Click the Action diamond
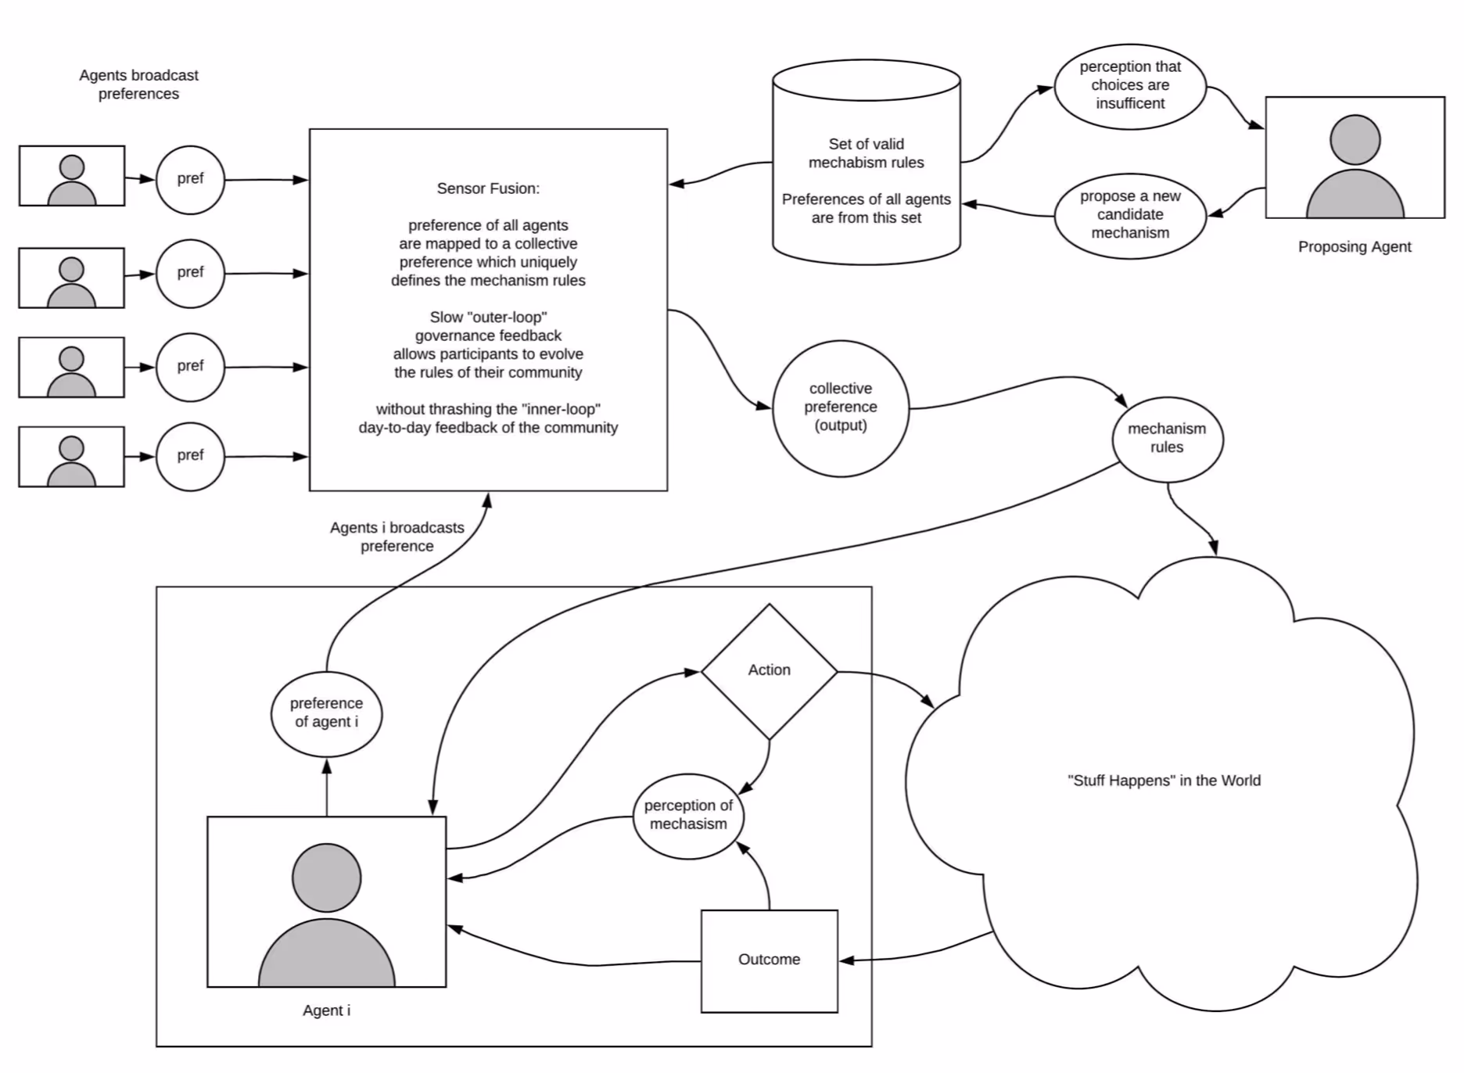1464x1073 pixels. (769, 671)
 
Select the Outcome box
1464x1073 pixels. (769, 960)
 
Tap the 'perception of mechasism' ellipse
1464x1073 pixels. (688, 816)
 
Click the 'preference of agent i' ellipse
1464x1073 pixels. (326, 713)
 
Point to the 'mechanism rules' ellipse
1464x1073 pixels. (1167, 439)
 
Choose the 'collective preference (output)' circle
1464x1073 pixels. (841, 407)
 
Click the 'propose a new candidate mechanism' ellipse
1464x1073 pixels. (1130, 215)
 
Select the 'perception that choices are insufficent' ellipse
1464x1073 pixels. (1130, 85)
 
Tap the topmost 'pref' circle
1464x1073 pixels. (190, 179)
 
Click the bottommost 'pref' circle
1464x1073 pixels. (190, 456)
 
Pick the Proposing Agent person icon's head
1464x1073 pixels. (1355, 139)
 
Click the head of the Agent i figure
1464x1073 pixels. (326, 877)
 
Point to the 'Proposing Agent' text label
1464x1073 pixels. (1355, 247)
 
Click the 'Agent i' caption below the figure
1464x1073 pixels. (326, 1010)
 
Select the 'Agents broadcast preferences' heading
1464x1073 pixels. (138, 84)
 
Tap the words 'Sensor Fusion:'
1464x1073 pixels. (488, 188)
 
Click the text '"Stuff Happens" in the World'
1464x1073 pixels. (1164, 781)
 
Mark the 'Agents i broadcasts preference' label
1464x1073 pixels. (396, 536)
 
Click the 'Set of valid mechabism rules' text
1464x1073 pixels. (866, 153)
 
